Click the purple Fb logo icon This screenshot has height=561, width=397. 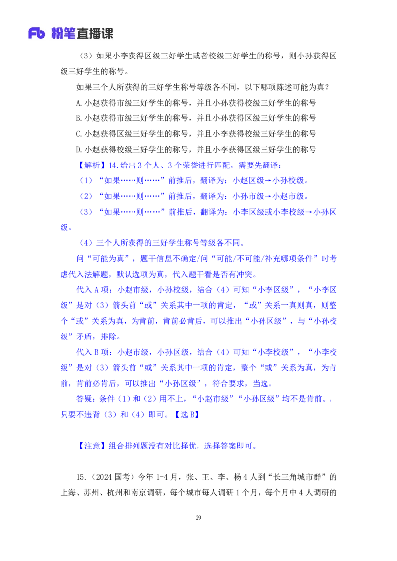(37, 34)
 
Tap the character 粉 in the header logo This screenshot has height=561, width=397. (58, 34)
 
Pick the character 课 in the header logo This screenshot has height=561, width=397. (108, 34)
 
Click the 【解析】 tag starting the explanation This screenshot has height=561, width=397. (89, 165)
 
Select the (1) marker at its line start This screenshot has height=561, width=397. (86, 180)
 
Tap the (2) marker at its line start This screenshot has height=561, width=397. (86, 196)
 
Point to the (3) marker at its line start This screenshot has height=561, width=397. (86, 212)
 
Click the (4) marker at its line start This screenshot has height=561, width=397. (86, 243)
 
